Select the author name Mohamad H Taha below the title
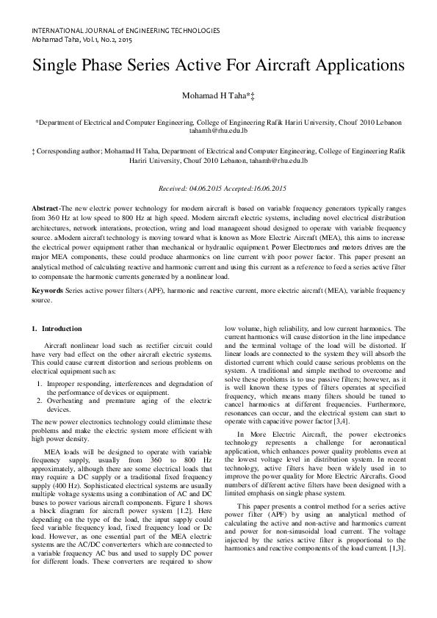(x=213, y=96)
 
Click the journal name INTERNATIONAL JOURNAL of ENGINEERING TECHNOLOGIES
(x=126, y=31)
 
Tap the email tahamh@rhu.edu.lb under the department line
(x=218, y=131)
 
